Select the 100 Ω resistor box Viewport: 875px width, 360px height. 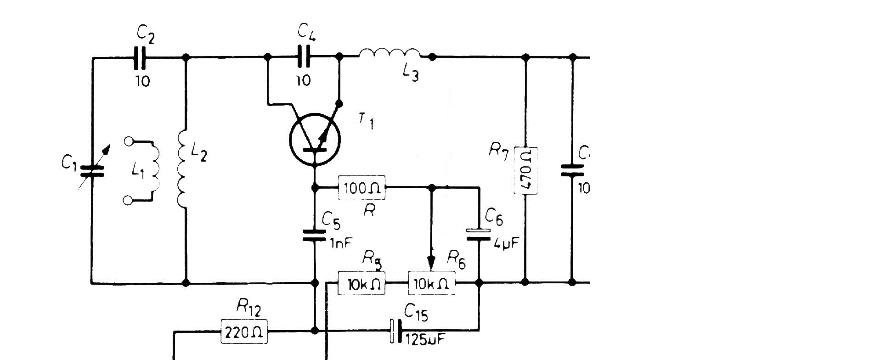pyautogui.click(x=361, y=187)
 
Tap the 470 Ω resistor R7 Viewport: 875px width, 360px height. pyautogui.click(x=525, y=170)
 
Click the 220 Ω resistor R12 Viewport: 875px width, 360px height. pyautogui.click(x=244, y=331)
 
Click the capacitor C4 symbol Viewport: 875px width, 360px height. pyautogui.click(x=304, y=57)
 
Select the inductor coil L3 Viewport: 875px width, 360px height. pyautogui.click(x=390, y=54)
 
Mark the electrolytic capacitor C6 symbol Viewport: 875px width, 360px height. pyautogui.click(x=479, y=234)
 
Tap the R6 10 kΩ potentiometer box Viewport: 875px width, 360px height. pyautogui.click(x=432, y=283)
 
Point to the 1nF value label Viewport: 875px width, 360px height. pyautogui.click(x=340, y=243)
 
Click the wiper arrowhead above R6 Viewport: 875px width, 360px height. pyautogui.click(x=431, y=264)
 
